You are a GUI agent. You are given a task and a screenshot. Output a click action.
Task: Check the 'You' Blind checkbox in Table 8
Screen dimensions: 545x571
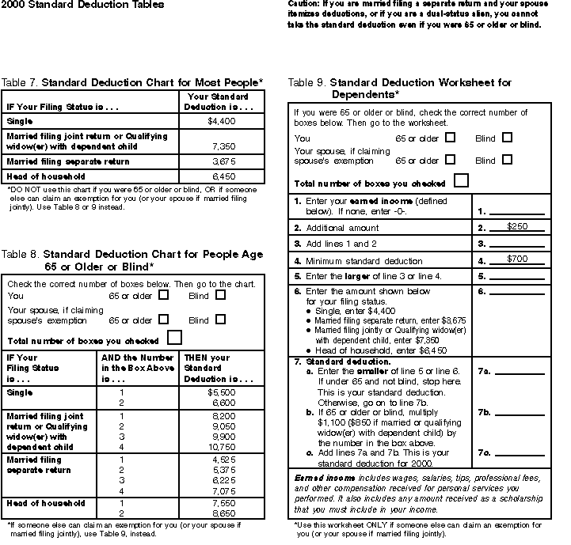[220, 295]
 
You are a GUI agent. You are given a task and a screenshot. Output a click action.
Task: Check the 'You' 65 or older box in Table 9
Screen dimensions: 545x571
[451, 137]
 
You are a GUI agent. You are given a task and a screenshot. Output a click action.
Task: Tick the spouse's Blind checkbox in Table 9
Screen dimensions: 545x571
[507, 160]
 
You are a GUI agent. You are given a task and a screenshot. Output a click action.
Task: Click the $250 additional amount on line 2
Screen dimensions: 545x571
[517, 227]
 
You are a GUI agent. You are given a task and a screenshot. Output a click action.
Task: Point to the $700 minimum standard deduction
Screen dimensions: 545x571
[517, 259]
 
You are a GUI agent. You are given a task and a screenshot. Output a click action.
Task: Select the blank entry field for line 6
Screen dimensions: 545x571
[520, 292]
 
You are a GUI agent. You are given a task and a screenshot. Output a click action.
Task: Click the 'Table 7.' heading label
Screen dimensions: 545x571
[20, 82]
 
